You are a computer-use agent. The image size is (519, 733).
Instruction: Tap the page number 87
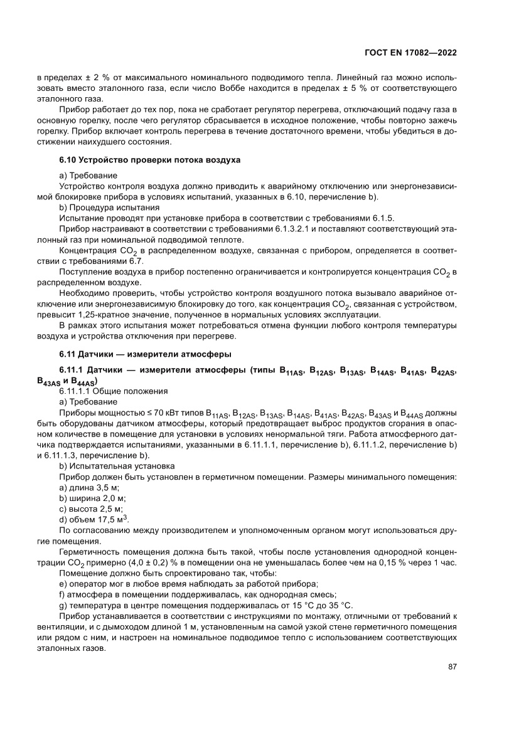[x=451, y=667]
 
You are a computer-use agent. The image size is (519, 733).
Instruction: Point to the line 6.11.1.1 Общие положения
[x=114, y=391]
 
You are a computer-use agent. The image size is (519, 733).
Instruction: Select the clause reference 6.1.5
[x=382, y=217]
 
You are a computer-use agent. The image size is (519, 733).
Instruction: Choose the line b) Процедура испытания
[x=109, y=206]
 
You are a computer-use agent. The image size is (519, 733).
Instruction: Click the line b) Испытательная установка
[x=117, y=467]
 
